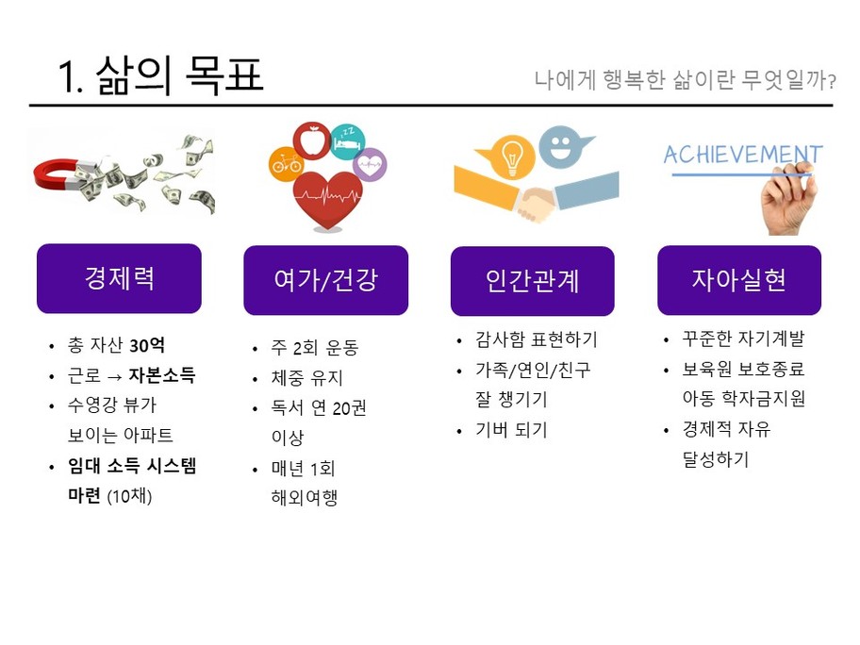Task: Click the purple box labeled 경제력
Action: [119, 278]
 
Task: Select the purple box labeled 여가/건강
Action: [325, 280]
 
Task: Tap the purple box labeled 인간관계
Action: [533, 281]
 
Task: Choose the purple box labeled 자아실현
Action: [739, 280]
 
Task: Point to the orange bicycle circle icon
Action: [286, 163]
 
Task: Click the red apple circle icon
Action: [312, 141]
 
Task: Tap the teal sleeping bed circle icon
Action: [348, 141]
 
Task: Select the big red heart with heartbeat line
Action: [327, 200]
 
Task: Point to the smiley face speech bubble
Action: [562, 146]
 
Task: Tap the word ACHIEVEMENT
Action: [743, 155]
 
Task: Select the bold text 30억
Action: [147, 345]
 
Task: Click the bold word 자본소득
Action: [162, 375]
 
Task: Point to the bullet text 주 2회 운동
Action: [315, 347]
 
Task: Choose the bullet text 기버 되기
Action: [511, 429]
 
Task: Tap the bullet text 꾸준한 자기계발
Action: [743, 339]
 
